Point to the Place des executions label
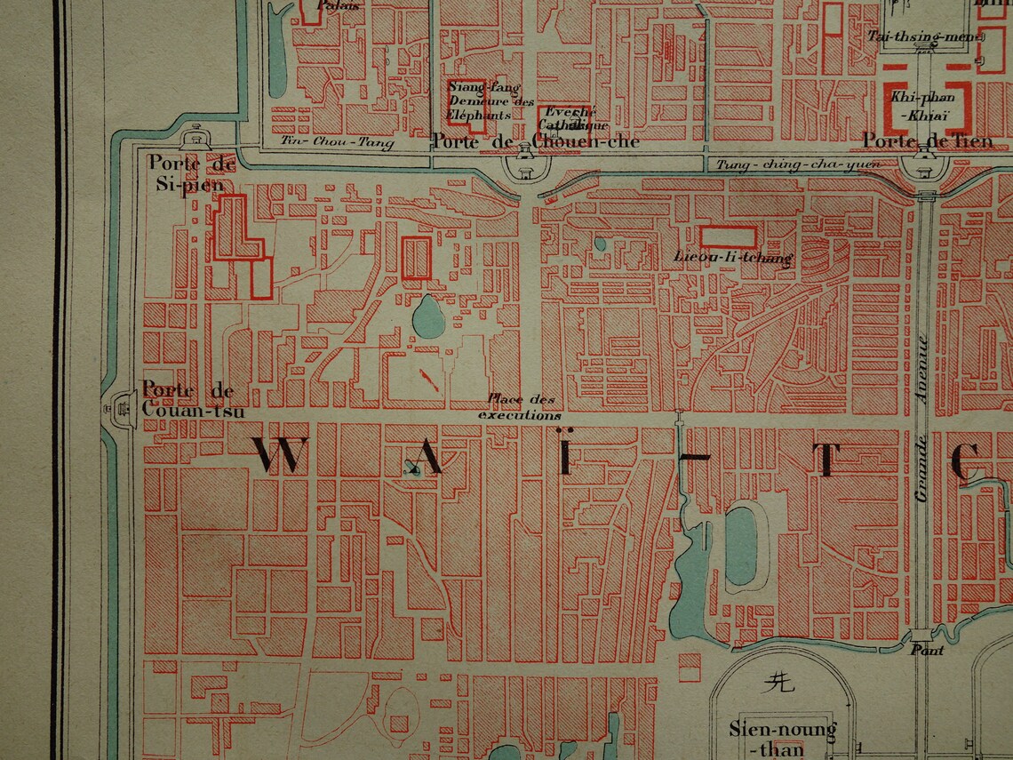pyautogui.click(x=521, y=408)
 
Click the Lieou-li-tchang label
pyautogui.click(x=732, y=259)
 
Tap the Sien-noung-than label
pyautogui.click(x=782, y=739)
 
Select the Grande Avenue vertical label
pyautogui.click(x=922, y=418)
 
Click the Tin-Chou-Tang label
pyautogui.click(x=337, y=142)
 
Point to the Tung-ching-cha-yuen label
pyautogui.click(x=798, y=164)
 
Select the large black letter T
pyautogui.click(x=826, y=460)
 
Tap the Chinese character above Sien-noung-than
pyautogui.click(x=778, y=682)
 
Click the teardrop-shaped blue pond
pyautogui.click(x=430, y=316)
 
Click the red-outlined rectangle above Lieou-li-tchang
pyautogui.click(x=728, y=236)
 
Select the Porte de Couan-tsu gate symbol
pyautogui.click(x=118, y=408)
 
